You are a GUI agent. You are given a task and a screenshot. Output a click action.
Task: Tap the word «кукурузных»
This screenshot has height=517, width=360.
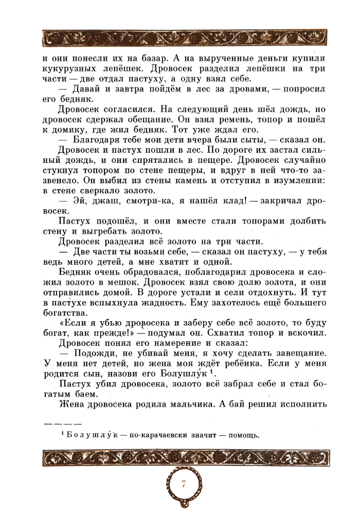tap(70, 69)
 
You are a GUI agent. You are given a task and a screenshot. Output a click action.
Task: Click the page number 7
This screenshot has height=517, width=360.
tap(184, 485)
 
